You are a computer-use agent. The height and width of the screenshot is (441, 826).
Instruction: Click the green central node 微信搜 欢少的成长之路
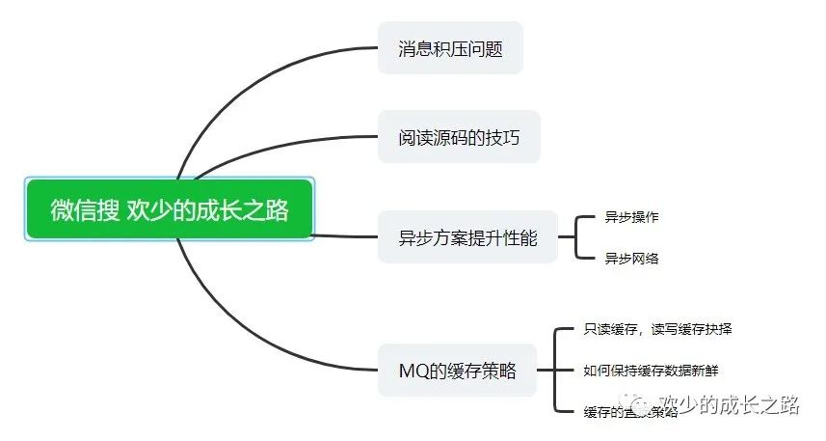pos(170,208)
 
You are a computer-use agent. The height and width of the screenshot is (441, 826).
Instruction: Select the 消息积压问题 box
pos(450,48)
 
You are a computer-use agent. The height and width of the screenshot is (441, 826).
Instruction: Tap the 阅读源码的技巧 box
pos(459,138)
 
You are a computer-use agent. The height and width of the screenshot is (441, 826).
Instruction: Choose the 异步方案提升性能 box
pos(467,236)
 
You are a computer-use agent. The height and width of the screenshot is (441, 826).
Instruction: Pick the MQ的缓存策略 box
pos(457,371)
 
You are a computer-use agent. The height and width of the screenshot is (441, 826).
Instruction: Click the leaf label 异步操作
pos(631,217)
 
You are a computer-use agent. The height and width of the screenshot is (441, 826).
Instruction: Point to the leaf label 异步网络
pos(631,258)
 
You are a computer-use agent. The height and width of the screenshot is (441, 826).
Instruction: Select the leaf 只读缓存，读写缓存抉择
pos(657,330)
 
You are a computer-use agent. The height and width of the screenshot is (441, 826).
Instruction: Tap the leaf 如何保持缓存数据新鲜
pos(651,371)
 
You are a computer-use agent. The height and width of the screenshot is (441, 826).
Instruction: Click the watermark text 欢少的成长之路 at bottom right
pos(730,404)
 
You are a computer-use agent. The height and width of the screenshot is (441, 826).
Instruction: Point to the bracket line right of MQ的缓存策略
pos(556,371)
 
